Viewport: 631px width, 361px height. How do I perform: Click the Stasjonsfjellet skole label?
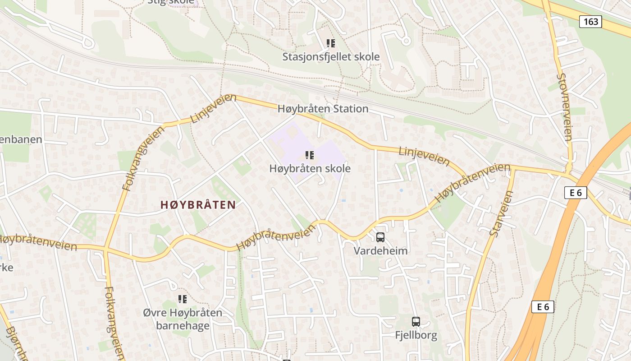(x=331, y=57)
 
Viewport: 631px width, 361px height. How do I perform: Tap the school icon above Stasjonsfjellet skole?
(x=331, y=43)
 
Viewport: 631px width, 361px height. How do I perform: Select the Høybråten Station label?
(x=323, y=109)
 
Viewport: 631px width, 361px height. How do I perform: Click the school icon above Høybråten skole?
(x=310, y=155)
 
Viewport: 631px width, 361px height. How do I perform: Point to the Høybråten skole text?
(x=310, y=168)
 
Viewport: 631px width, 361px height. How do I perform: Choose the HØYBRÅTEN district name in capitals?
(x=198, y=205)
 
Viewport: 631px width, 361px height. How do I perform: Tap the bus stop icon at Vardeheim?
(x=380, y=237)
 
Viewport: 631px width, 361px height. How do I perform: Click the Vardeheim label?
(x=380, y=250)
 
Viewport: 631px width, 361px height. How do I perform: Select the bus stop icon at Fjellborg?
(x=416, y=322)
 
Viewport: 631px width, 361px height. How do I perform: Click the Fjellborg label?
(x=416, y=335)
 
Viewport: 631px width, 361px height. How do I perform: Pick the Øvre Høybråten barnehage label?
(x=183, y=319)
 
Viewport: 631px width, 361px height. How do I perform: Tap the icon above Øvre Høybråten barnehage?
(x=183, y=299)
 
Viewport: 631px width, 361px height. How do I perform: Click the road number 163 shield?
(x=590, y=21)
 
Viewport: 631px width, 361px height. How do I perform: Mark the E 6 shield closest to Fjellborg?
(x=543, y=307)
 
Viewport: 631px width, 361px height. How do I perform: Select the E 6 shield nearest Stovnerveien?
(x=576, y=193)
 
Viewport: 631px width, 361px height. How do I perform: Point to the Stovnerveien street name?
(x=564, y=107)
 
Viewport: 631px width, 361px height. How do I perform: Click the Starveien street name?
(x=502, y=213)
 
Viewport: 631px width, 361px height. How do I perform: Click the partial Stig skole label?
(x=171, y=2)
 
